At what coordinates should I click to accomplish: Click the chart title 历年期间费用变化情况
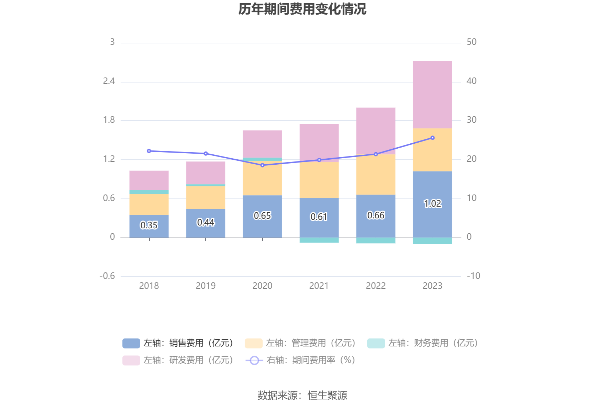coord(302,9)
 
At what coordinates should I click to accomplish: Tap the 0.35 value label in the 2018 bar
coord(149,225)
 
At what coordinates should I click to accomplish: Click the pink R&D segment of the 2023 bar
coord(432,94)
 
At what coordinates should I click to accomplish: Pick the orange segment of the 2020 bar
coord(262,178)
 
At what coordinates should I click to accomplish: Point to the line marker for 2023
coord(432,138)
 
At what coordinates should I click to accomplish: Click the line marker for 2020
coord(262,165)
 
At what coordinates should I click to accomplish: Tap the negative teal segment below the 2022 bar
coord(376,240)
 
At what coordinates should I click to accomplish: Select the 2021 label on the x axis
coord(319,286)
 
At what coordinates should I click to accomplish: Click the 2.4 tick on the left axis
coord(109,81)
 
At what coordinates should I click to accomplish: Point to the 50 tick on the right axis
coord(472,42)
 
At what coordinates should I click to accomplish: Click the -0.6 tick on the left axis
coord(107,276)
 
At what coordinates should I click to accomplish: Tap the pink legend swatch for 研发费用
coord(131,360)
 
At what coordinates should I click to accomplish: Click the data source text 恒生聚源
coord(327,395)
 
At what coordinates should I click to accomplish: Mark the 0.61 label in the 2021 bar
coord(319,217)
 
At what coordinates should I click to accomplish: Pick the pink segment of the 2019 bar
coord(206,173)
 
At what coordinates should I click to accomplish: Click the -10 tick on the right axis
coord(473,276)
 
